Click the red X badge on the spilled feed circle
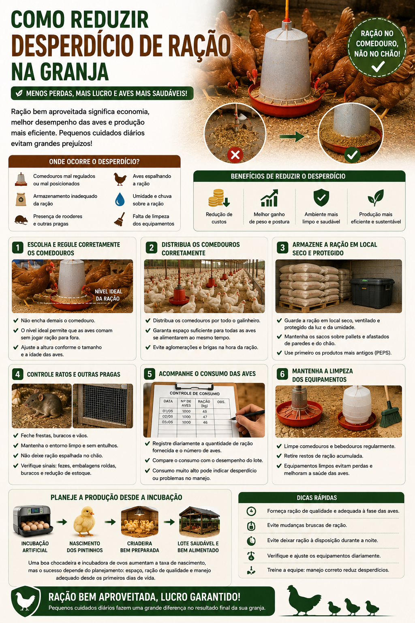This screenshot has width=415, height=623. point(235,155)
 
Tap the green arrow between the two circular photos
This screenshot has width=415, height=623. point(291,136)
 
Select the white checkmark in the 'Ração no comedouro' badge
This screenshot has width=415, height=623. point(378,67)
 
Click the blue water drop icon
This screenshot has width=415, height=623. point(120,199)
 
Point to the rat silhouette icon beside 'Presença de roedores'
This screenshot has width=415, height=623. point(21,220)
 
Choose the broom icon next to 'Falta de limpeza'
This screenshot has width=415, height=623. point(120,219)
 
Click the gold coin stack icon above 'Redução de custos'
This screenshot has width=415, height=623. point(219,198)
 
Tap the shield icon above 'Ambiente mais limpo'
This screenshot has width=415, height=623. point(321,198)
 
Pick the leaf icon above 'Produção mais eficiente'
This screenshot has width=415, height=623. point(376,198)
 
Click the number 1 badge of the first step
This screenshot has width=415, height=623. point(18,247)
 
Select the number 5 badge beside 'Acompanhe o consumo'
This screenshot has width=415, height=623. point(150,374)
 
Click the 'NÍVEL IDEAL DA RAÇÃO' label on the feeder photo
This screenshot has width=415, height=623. point(108,295)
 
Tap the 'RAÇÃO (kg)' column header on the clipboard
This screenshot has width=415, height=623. point(204,404)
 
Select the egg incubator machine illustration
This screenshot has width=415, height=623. point(33,521)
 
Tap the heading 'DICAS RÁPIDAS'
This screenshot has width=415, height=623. point(317,498)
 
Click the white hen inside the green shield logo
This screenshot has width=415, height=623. point(25,601)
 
